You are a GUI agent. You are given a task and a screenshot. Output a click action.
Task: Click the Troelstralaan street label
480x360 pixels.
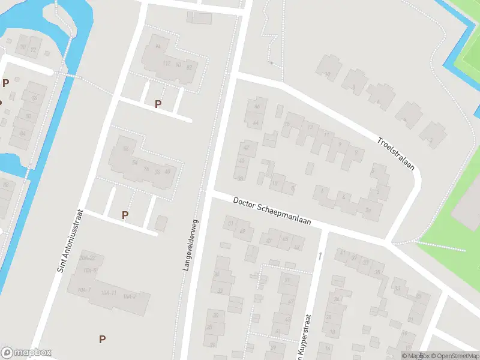click(x=395, y=154)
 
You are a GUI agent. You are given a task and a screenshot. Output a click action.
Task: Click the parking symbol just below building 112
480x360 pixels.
click(x=158, y=104)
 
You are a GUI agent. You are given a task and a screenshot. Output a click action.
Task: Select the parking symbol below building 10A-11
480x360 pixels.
click(x=103, y=339)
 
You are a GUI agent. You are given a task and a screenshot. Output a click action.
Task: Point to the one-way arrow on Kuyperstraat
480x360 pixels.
click(x=320, y=256)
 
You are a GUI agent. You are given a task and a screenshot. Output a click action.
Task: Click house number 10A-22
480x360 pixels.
click(x=88, y=257)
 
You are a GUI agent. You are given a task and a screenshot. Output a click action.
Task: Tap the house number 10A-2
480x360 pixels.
click(x=130, y=296)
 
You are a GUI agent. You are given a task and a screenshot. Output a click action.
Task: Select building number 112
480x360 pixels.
click(x=167, y=64)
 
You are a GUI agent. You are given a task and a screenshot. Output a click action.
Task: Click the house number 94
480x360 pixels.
click(x=158, y=46)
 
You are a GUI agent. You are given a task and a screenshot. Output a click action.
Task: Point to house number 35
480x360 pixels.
click(x=377, y=272)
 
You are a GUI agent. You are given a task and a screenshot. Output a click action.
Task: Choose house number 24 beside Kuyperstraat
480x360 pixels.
click(x=337, y=299)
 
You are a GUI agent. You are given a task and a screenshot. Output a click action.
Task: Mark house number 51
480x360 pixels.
click(x=230, y=224)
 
